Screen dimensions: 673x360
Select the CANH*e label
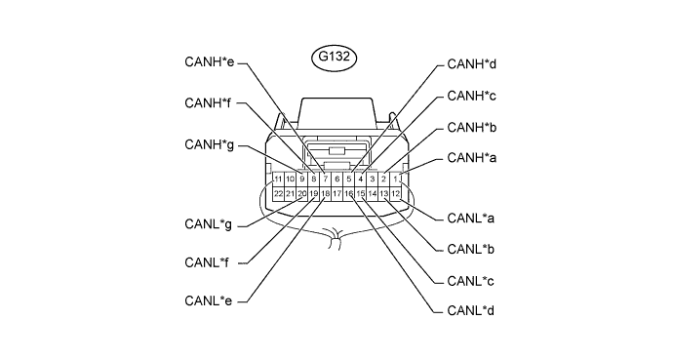click(x=210, y=61)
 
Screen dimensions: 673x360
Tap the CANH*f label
click(x=208, y=103)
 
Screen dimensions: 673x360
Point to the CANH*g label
click(x=210, y=145)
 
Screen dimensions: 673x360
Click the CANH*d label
click(x=472, y=64)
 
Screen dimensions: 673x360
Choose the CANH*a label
click(x=472, y=158)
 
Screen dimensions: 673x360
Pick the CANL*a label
click(x=470, y=219)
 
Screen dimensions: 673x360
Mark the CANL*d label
click(x=470, y=310)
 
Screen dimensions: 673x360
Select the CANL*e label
click(x=208, y=300)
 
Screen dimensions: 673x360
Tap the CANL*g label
click(x=208, y=224)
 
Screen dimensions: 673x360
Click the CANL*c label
click(x=470, y=281)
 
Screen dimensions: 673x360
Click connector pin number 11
click(x=278, y=179)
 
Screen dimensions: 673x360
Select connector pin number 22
click(x=278, y=194)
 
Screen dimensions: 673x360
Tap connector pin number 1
click(x=395, y=179)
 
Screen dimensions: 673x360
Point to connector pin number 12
click(x=395, y=194)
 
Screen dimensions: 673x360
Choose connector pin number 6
click(x=336, y=179)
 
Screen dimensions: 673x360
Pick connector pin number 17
click(x=336, y=194)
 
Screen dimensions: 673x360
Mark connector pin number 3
click(x=373, y=179)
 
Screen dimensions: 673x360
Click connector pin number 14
click(x=373, y=194)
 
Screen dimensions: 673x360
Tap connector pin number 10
click(x=290, y=179)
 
